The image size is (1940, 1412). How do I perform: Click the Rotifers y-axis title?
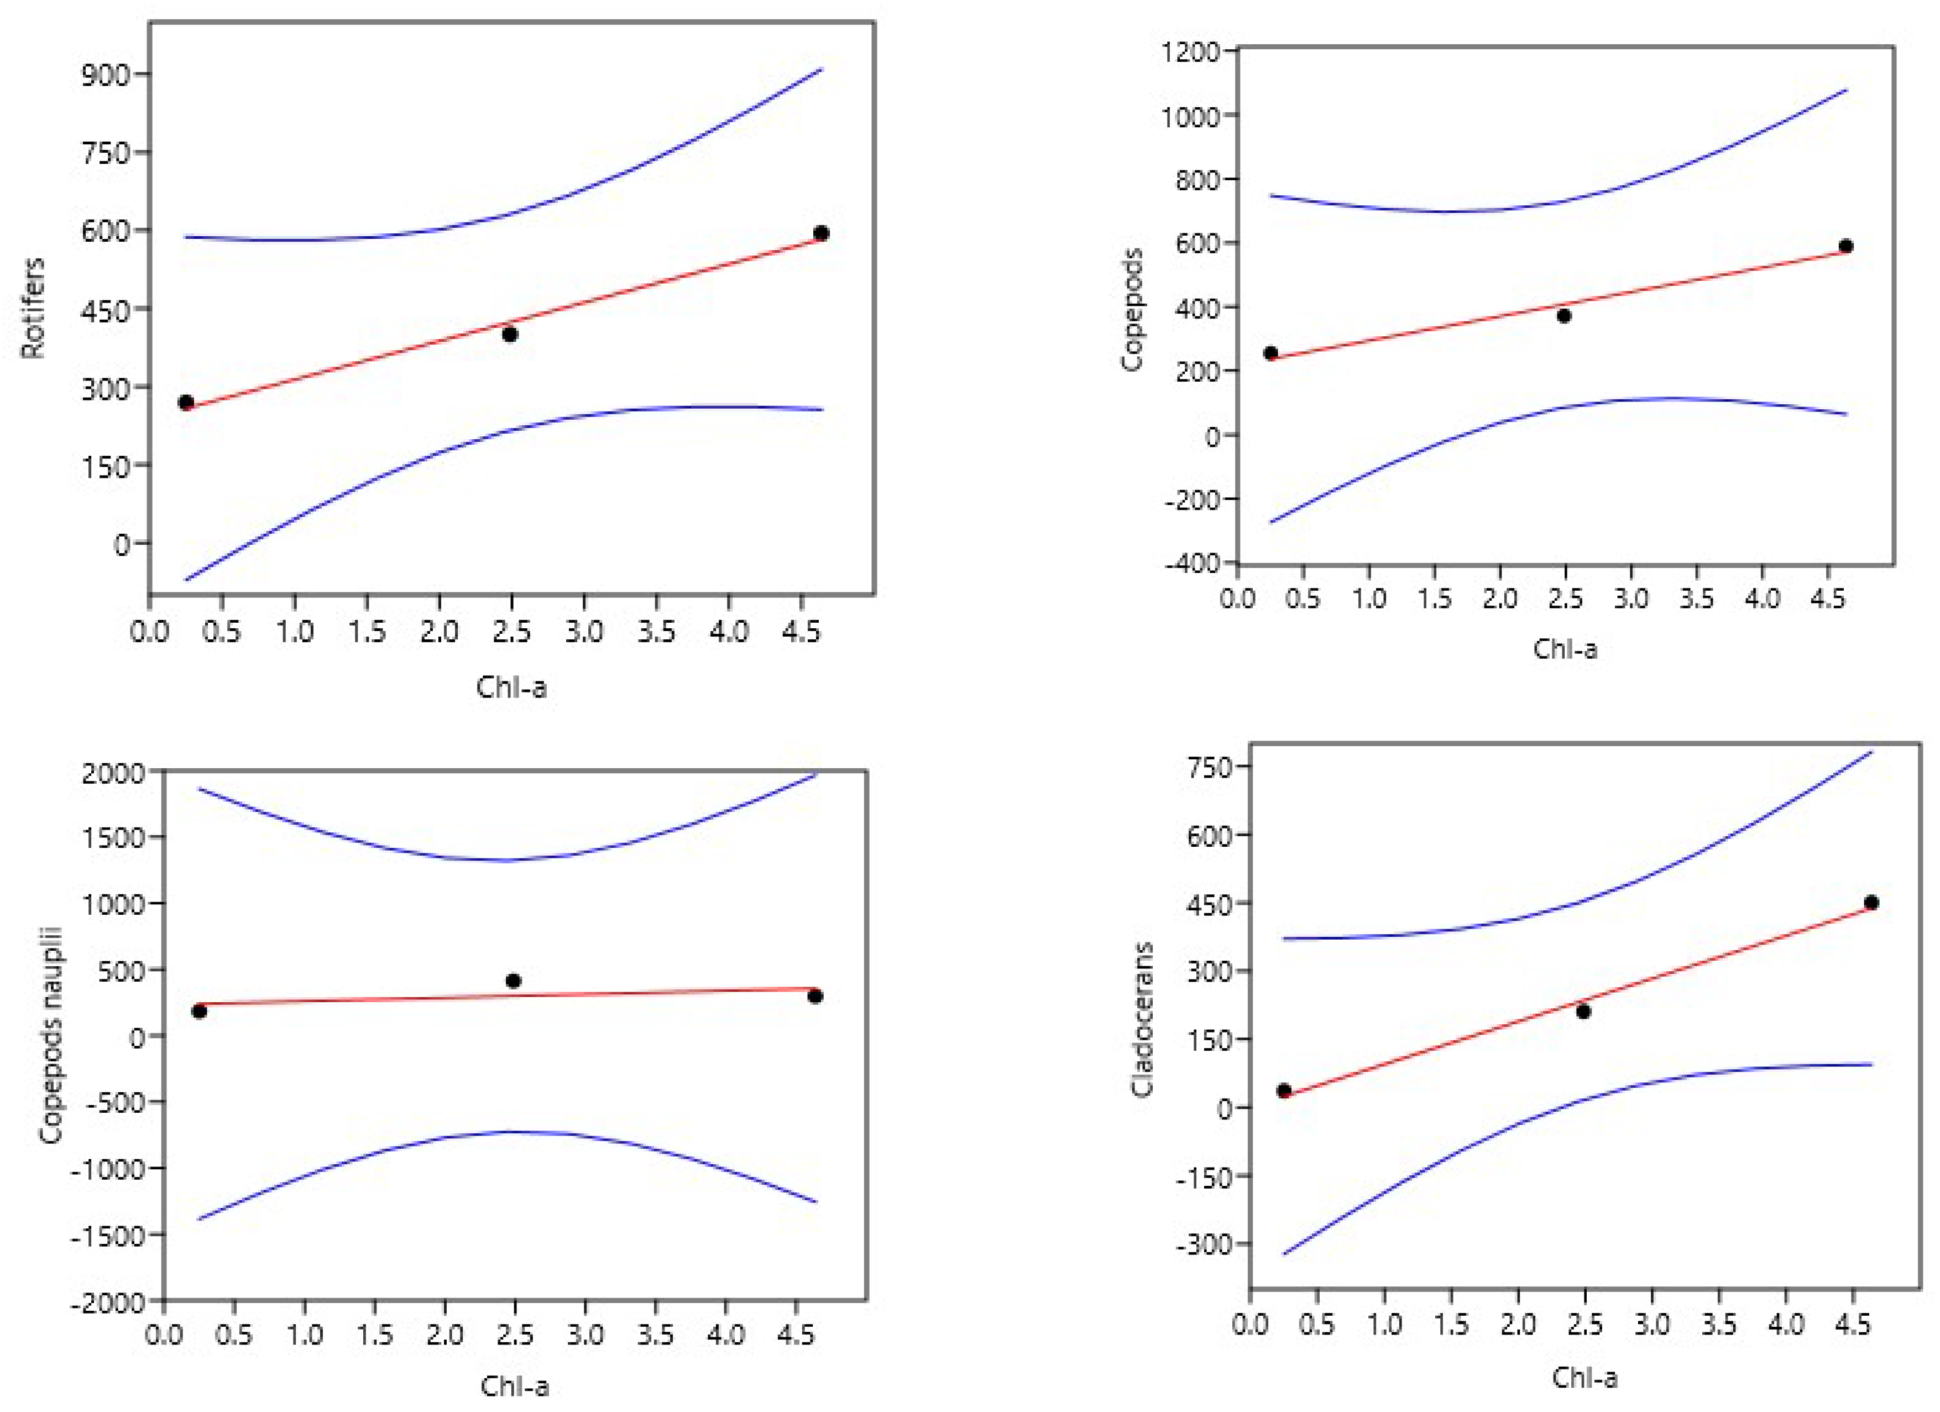33,308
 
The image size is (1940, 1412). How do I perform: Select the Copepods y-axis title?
1132,310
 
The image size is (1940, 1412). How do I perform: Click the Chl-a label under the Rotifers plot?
511,687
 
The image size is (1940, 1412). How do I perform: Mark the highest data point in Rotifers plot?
821,233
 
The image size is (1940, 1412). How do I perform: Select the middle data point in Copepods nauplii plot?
513,981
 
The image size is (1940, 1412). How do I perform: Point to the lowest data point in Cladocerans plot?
1284,1090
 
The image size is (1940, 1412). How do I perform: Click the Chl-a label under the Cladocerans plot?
1584,1378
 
